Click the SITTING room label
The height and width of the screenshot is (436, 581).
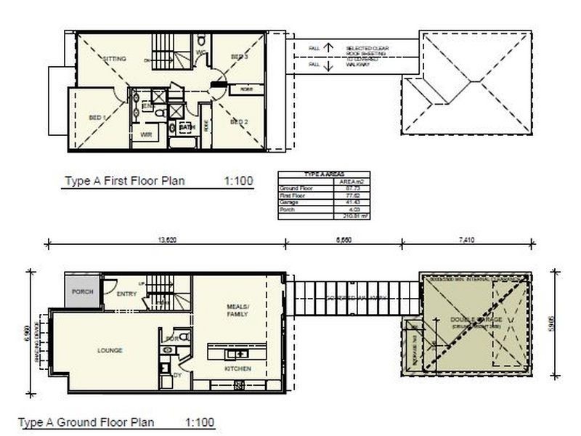tap(115, 58)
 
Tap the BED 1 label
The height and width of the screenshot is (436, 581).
tap(98, 117)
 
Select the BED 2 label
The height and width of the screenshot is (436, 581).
tap(240, 121)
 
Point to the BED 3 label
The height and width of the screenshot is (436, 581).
tap(240, 57)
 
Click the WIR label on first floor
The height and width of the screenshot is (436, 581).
tap(145, 134)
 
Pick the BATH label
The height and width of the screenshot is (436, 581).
tap(187, 128)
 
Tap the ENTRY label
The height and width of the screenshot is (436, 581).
tap(126, 295)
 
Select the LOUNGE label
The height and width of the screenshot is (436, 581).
tap(110, 350)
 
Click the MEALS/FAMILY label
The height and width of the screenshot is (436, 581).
tap(237, 311)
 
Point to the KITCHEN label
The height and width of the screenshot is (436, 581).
tap(237, 369)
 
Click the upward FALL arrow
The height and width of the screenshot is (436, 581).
tap(328, 48)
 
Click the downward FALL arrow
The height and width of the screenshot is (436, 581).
tap(328, 65)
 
